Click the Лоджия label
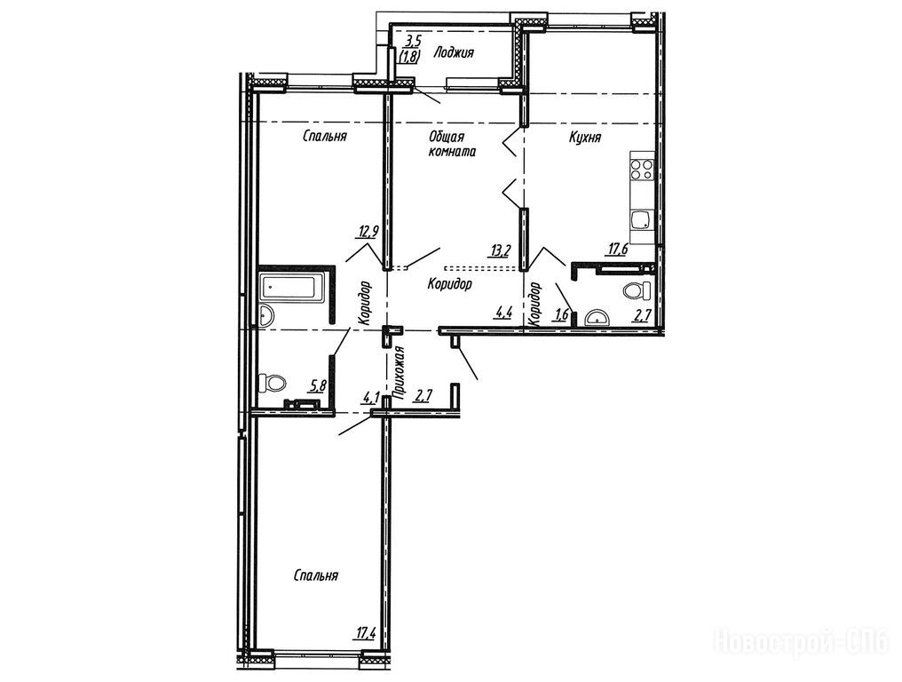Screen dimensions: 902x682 tap(454, 53)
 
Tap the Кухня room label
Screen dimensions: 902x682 tap(585, 138)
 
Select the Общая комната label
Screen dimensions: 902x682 tap(452, 145)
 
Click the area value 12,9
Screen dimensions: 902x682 tap(368, 232)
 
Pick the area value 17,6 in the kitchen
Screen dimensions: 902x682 tap(618, 249)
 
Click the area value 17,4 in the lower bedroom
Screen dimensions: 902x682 tap(365, 634)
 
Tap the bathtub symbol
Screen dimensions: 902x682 tap(293, 287)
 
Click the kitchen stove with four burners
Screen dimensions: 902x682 tap(642, 170)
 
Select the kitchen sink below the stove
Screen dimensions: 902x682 tap(641, 220)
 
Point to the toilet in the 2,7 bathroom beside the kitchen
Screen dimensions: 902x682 tap(637, 290)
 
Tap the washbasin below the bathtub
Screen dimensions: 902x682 tap(265, 316)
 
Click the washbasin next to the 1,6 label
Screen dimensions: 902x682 tap(597, 318)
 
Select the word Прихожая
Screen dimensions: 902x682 tap(395, 372)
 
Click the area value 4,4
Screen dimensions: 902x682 tap(504, 313)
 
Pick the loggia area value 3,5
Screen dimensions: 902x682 tap(413, 41)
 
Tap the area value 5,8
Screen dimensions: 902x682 tap(318, 385)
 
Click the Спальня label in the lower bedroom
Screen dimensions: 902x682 tap(315, 575)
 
